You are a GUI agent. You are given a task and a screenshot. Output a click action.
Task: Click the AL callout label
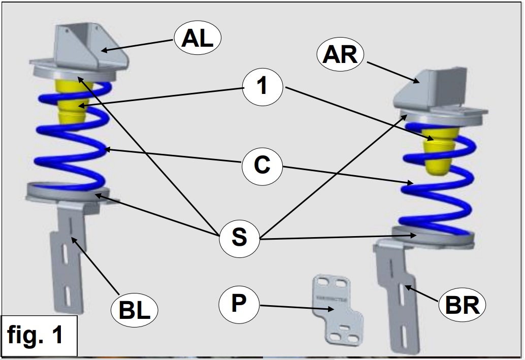[x=198, y=39]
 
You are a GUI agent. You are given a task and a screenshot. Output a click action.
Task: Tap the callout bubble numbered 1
[x=262, y=86]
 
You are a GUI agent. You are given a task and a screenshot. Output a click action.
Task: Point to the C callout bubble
[x=262, y=165]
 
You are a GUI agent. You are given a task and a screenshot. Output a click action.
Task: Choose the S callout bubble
[x=239, y=237]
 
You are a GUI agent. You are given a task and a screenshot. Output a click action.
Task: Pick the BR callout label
[x=462, y=305]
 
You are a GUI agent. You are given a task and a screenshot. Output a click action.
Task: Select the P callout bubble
[x=239, y=303]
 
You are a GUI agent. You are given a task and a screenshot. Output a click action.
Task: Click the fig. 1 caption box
[x=39, y=335]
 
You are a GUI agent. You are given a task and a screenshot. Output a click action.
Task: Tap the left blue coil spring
[x=71, y=152]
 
